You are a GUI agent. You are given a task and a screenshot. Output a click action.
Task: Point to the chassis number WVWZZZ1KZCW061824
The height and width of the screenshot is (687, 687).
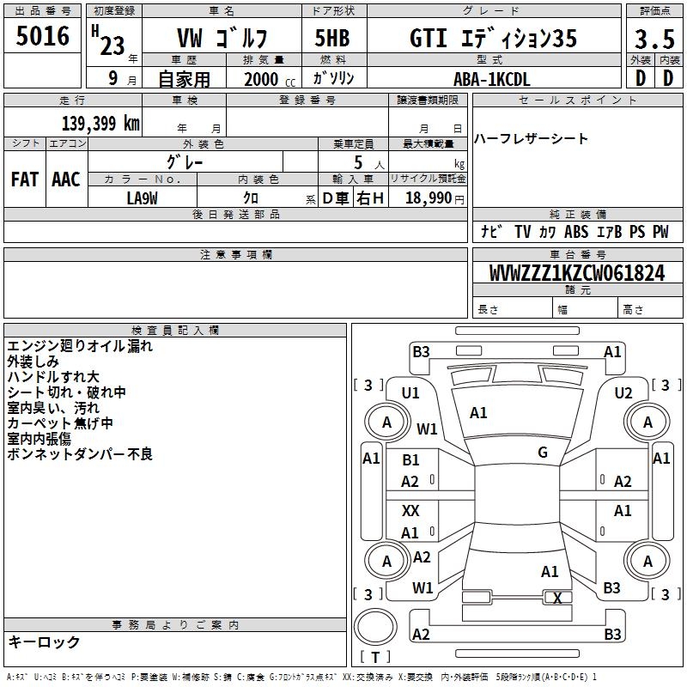577,274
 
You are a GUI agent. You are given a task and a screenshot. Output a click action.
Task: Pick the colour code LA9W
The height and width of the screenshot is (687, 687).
143,197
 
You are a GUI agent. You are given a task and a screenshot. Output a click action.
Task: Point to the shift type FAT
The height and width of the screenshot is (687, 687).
25,179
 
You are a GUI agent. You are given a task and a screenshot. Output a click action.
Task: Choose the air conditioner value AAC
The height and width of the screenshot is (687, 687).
66,179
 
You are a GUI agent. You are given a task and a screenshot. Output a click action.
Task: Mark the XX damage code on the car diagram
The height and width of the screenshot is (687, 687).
410,511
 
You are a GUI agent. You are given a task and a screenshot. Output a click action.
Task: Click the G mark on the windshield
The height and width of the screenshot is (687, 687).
543,453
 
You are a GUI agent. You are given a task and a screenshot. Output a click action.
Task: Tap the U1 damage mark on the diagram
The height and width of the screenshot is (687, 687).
410,392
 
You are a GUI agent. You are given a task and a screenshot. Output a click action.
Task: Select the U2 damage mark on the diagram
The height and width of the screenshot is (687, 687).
623,392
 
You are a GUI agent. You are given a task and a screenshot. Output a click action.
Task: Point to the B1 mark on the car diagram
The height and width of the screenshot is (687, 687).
410,460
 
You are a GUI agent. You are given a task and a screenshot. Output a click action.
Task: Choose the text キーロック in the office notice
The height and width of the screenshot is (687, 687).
44,642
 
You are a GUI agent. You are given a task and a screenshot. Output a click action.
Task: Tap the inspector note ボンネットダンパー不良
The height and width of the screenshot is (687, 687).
80,454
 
